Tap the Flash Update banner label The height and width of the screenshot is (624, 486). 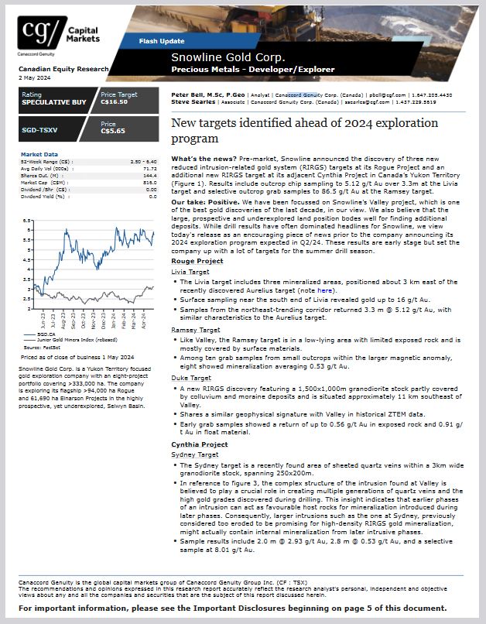(x=161, y=40)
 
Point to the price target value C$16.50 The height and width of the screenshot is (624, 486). (x=114, y=102)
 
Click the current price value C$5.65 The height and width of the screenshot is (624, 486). (x=112, y=131)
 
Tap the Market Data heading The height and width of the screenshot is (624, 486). (x=39, y=154)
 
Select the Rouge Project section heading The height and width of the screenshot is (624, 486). (x=197, y=262)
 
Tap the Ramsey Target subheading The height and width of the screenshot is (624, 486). (x=190, y=330)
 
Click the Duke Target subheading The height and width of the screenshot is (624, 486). (x=187, y=377)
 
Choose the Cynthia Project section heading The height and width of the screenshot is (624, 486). (x=199, y=445)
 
